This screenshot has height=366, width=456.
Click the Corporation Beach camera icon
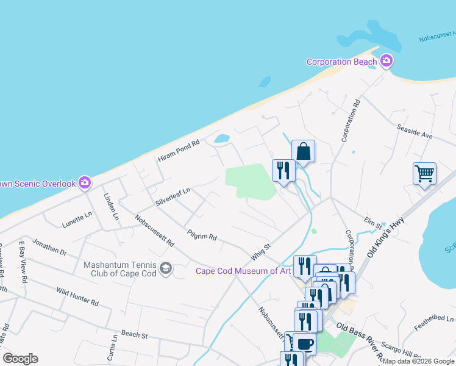pos(385,61)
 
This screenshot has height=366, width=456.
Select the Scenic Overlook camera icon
pos(85,182)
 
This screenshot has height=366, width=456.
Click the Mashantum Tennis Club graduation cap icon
pos(165,268)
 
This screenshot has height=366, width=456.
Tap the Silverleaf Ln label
pos(173,197)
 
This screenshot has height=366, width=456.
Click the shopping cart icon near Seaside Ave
pos(424,173)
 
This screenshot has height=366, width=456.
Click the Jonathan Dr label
pos(50,246)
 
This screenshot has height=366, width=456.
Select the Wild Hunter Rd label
pos(77,297)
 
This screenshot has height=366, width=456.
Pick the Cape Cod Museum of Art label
pos(243,271)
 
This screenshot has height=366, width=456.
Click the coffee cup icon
pos(304,343)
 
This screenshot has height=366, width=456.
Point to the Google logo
pos(20,359)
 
